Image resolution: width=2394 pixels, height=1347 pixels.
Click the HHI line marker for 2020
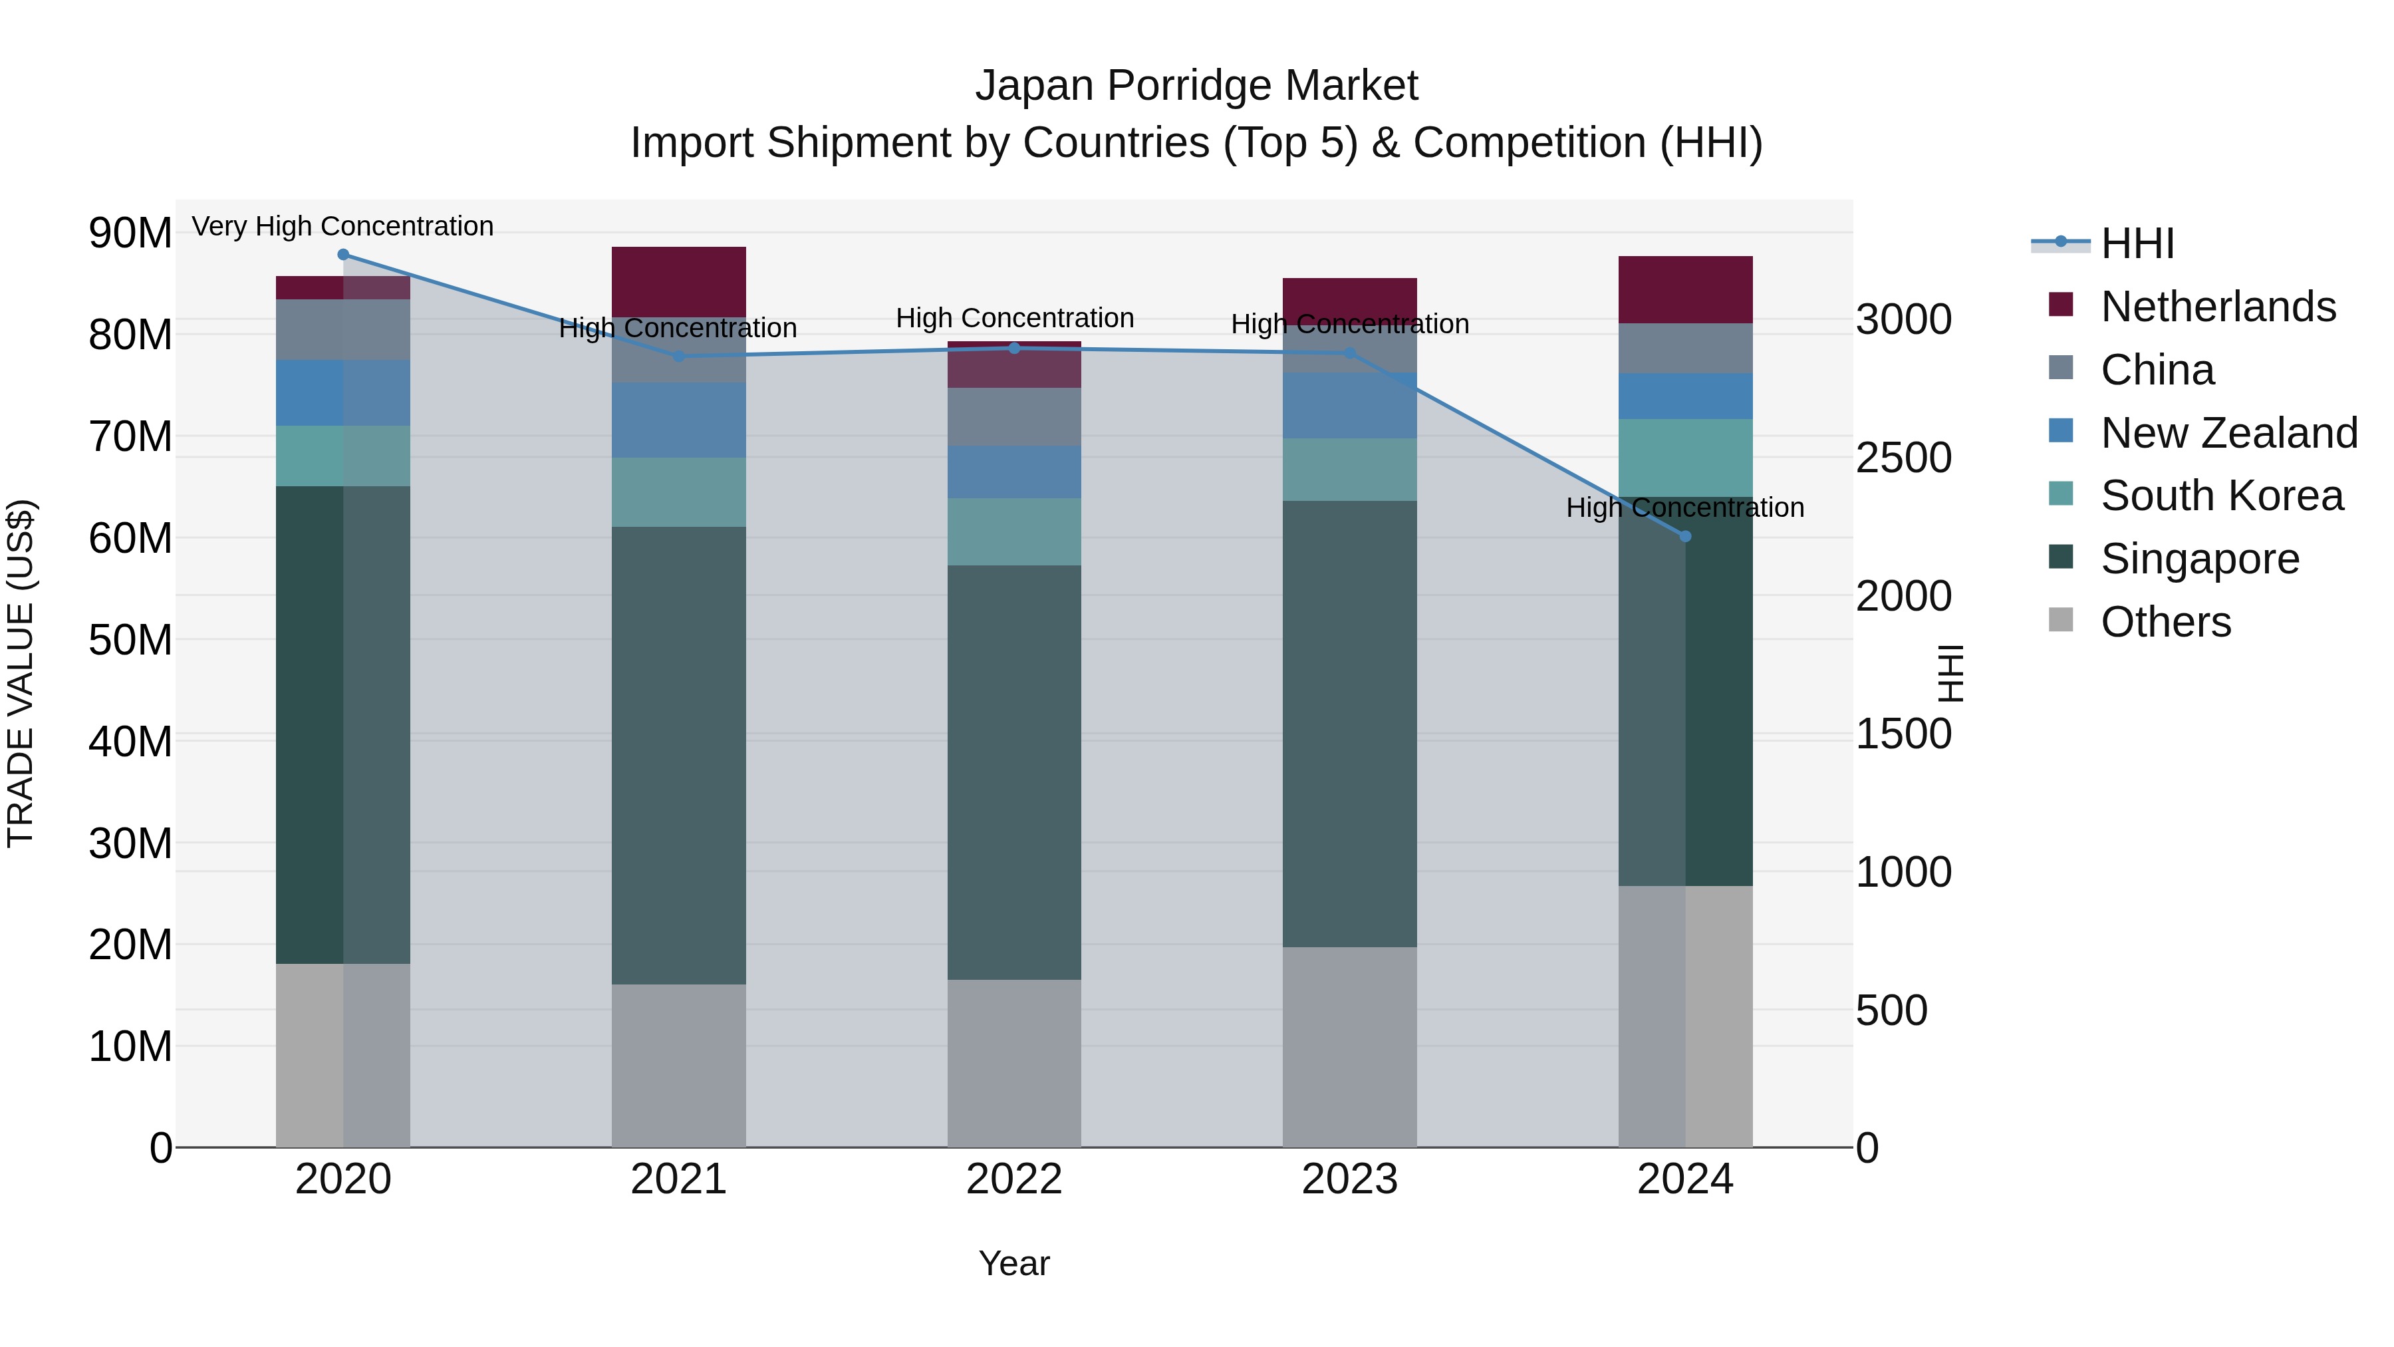(x=343, y=255)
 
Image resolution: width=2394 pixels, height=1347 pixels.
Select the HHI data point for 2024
(x=1686, y=536)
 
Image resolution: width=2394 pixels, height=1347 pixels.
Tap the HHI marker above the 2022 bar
(x=1014, y=349)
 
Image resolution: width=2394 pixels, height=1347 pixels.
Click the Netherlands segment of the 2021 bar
(x=678, y=281)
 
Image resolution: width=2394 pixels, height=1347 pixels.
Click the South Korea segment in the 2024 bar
(x=1686, y=458)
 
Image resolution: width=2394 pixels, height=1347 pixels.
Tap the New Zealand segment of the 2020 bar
(x=343, y=392)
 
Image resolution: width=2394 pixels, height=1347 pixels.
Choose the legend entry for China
(x=2156, y=370)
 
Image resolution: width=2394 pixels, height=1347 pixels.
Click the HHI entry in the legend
(x=2135, y=243)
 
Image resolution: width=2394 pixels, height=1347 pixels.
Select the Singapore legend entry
(x=2199, y=559)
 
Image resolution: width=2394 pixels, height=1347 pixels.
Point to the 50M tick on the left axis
(x=130, y=639)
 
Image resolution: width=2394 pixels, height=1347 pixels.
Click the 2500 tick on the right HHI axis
(x=1903, y=458)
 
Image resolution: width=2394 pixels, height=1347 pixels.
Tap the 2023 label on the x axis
(x=1349, y=1179)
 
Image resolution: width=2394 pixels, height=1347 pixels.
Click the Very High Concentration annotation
(x=343, y=226)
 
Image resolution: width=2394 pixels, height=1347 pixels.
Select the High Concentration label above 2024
(x=1685, y=508)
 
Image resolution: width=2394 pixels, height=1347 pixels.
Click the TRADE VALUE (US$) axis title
(x=21, y=673)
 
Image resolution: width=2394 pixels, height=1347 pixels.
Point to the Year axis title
(x=1014, y=1263)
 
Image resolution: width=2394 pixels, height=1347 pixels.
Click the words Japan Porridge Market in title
(x=1196, y=86)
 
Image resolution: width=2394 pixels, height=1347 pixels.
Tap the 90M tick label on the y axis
(x=130, y=232)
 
